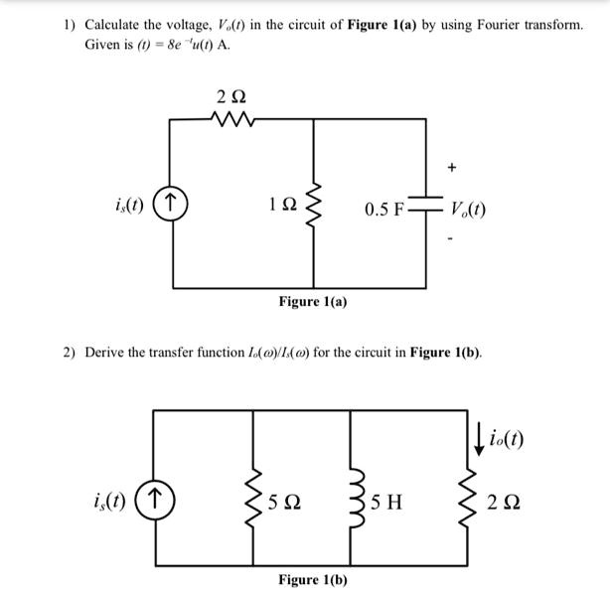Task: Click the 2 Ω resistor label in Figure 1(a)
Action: point(229,97)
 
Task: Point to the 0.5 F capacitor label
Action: point(384,210)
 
